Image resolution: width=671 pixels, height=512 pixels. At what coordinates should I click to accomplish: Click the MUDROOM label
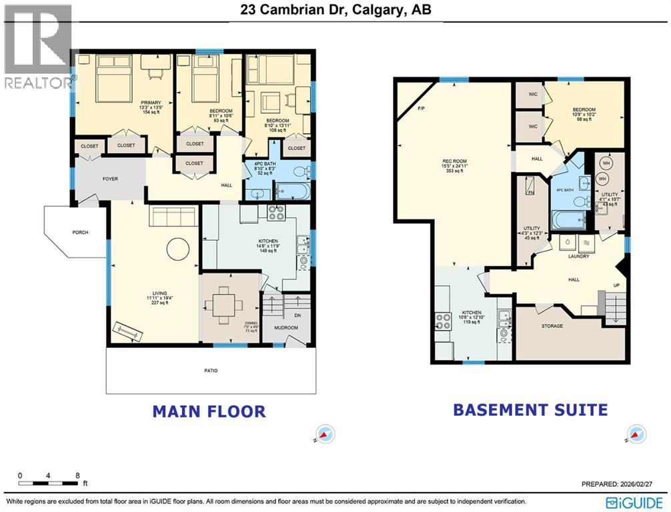(x=287, y=328)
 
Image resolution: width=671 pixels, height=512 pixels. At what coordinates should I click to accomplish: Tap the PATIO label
(x=211, y=371)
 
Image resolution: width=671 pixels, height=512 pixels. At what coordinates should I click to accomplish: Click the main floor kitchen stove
(x=276, y=213)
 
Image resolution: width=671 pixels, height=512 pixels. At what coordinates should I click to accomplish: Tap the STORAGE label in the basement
(x=552, y=326)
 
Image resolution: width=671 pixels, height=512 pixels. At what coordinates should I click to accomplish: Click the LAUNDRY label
(x=578, y=256)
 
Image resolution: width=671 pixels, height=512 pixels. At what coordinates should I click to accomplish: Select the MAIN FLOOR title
(x=209, y=411)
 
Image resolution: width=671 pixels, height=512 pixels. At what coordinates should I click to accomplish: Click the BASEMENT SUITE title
(x=530, y=409)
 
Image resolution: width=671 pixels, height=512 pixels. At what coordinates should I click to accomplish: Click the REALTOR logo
(x=38, y=47)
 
